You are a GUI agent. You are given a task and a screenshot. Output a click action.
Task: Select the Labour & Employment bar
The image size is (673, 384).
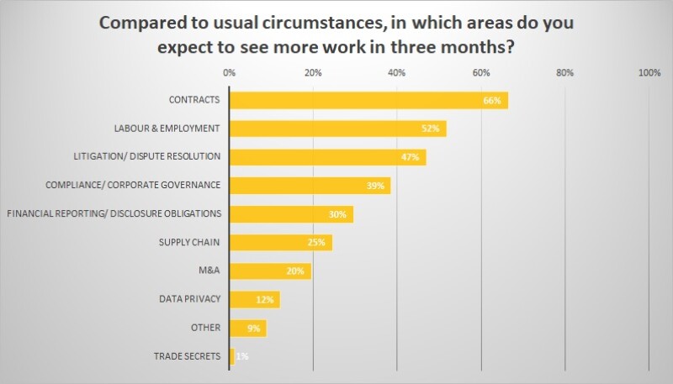click(x=336, y=129)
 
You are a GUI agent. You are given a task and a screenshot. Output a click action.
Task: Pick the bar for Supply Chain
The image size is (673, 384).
click(x=280, y=242)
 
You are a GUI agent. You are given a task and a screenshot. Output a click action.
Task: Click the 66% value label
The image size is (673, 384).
click(x=492, y=101)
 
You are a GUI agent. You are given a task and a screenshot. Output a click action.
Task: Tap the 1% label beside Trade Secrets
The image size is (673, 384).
click(x=242, y=356)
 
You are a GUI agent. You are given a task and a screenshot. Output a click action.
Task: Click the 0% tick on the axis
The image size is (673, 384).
click(x=229, y=73)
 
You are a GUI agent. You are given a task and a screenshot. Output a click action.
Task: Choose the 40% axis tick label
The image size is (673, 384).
click(x=397, y=73)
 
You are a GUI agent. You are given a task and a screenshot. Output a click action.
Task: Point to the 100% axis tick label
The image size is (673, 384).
click(x=649, y=73)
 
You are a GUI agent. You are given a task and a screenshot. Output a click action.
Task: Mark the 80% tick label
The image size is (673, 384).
click(x=565, y=73)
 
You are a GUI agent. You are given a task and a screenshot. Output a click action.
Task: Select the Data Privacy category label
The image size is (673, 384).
click(x=189, y=299)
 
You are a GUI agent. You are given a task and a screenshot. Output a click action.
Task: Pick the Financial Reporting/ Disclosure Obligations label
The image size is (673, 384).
click(x=114, y=213)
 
